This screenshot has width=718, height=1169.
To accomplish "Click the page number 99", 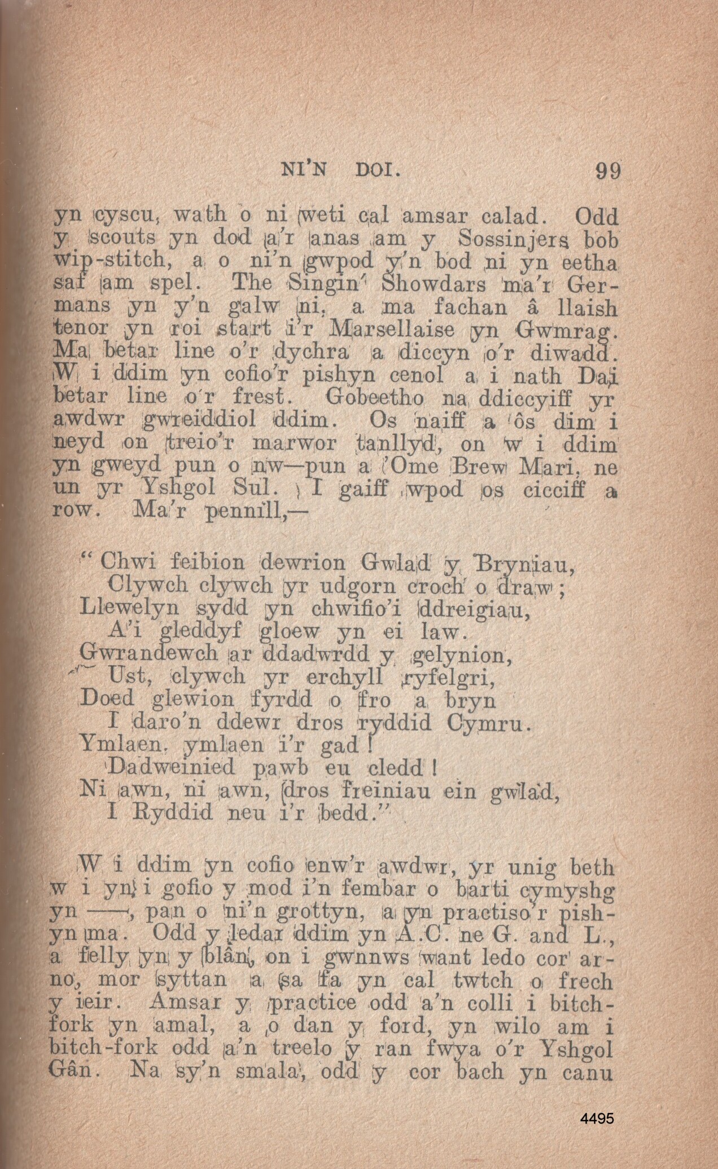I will click(x=608, y=170).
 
